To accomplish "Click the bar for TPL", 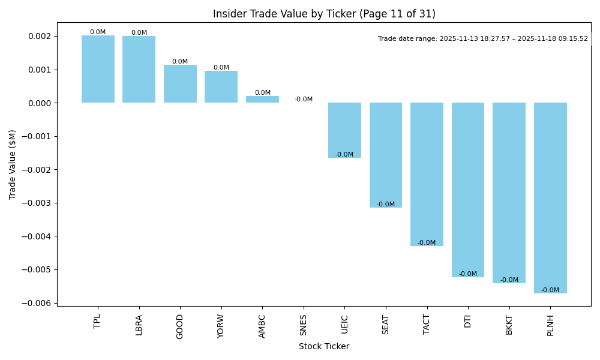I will (x=98, y=69).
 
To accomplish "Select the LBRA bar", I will (x=139, y=70).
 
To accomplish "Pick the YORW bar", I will (x=221, y=87).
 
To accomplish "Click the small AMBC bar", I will (x=262, y=100).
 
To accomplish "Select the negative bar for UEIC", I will (x=344, y=130).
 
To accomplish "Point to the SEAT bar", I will (x=386, y=155).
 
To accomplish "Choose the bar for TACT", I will (x=427, y=174).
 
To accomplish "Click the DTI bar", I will (x=468, y=190).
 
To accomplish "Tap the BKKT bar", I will (x=509, y=193).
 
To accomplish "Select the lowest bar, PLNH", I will (x=550, y=198).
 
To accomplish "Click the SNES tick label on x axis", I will (x=304, y=326).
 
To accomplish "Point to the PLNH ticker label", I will (x=550, y=326).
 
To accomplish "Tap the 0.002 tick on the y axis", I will (x=40, y=37).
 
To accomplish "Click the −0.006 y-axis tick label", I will (x=37, y=303).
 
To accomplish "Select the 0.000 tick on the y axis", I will (x=40, y=103).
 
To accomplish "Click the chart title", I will (x=324, y=14).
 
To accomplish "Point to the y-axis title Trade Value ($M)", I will (x=13, y=164).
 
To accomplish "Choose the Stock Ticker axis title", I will (x=324, y=346).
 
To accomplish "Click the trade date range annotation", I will (x=483, y=39).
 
